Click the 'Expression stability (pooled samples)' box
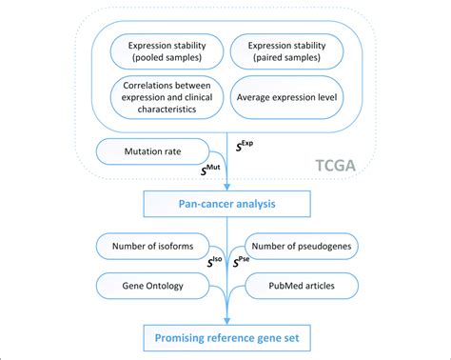167,51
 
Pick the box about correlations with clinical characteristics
167,97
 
